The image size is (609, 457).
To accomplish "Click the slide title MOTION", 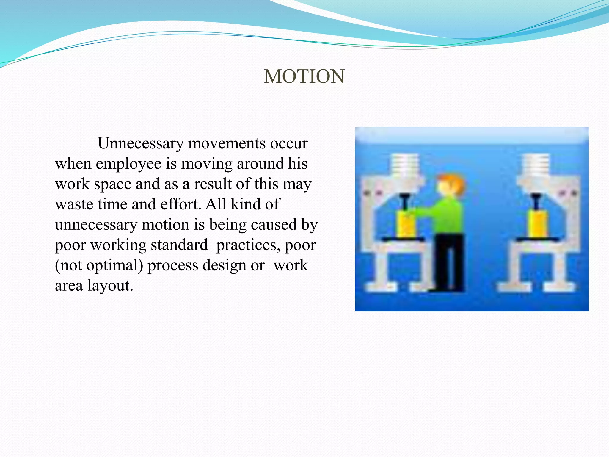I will click(x=304, y=76).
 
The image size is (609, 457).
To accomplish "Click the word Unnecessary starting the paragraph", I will click(x=141, y=144).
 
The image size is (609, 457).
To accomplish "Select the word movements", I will click(x=227, y=144).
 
